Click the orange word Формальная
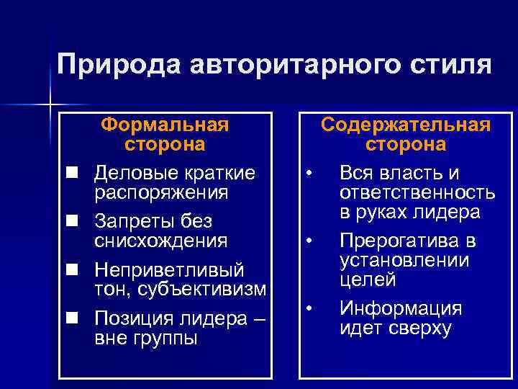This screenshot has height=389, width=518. [x=165, y=125]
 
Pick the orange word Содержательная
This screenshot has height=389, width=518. [x=406, y=125]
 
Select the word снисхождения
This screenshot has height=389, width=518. [x=161, y=240]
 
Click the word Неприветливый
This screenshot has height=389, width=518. [x=170, y=269]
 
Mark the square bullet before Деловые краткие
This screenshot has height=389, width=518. [x=72, y=174]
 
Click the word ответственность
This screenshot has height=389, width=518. [x=417, y=192]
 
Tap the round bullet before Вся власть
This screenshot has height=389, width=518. [x=308, y=174]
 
